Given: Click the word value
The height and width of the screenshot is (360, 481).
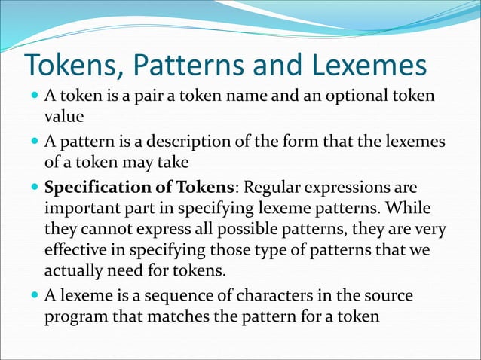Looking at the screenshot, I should [61, 117].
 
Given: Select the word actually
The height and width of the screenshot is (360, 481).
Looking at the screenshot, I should [74, 270].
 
